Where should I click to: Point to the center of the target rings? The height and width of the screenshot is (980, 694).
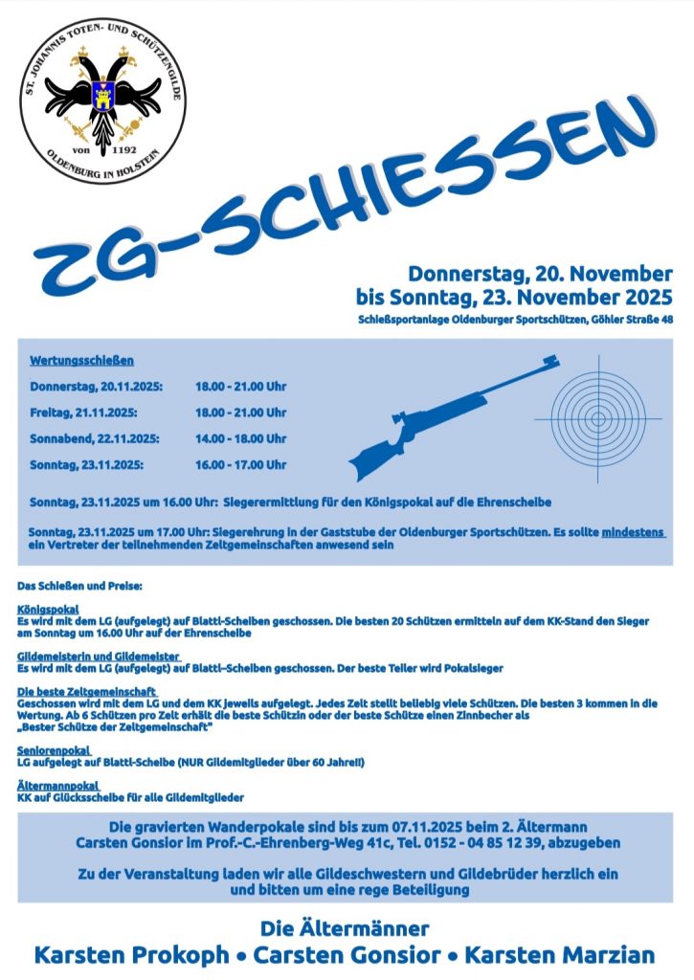(598, 418)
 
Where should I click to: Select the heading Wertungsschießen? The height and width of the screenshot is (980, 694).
(81, 361)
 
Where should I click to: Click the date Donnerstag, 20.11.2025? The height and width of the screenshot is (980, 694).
(96, 387)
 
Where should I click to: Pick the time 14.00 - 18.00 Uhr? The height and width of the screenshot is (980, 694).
(240, 438)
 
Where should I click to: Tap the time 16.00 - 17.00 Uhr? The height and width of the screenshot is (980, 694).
(240, 464)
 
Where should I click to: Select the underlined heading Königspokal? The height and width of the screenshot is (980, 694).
(48, 609)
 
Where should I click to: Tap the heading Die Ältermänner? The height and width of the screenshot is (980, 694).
(345, 927)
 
